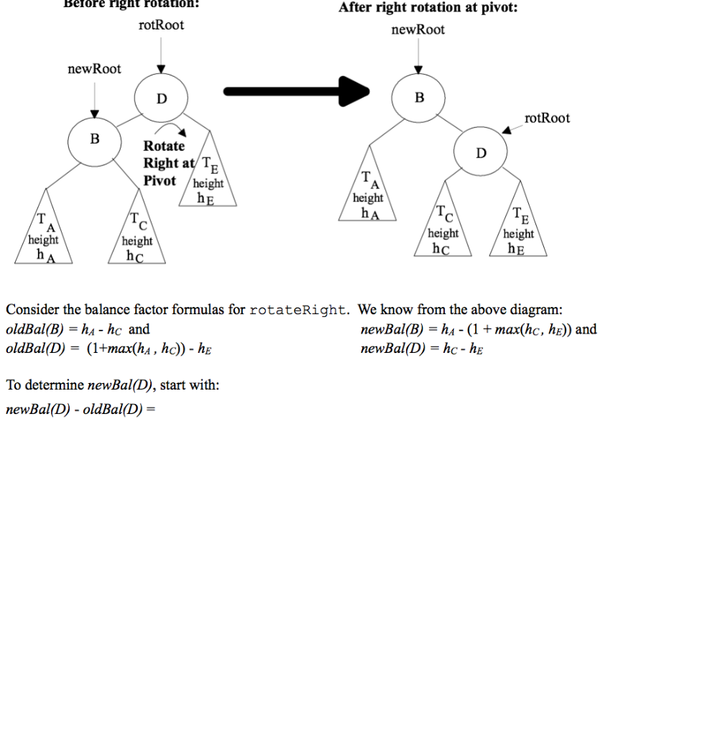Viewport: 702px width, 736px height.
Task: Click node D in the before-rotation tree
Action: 161,98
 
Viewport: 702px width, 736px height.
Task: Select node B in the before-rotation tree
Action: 94,139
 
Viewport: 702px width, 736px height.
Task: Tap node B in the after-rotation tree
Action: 419,97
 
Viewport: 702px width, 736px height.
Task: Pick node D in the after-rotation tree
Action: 481,153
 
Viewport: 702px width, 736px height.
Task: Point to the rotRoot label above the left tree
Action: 161,25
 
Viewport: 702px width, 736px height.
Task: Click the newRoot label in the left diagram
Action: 94,69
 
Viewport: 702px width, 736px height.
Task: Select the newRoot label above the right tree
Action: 418,29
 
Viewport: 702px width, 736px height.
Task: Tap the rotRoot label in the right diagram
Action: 547,118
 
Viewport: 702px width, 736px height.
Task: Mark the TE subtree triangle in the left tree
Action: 208,180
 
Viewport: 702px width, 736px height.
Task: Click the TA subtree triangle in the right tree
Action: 368,194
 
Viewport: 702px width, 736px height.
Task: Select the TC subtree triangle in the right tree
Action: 443,232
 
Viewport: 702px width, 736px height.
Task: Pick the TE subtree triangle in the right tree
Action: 519,232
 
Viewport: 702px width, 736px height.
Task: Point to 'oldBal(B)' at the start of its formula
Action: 34,330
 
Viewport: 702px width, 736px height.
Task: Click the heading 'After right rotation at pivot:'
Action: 428,8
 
